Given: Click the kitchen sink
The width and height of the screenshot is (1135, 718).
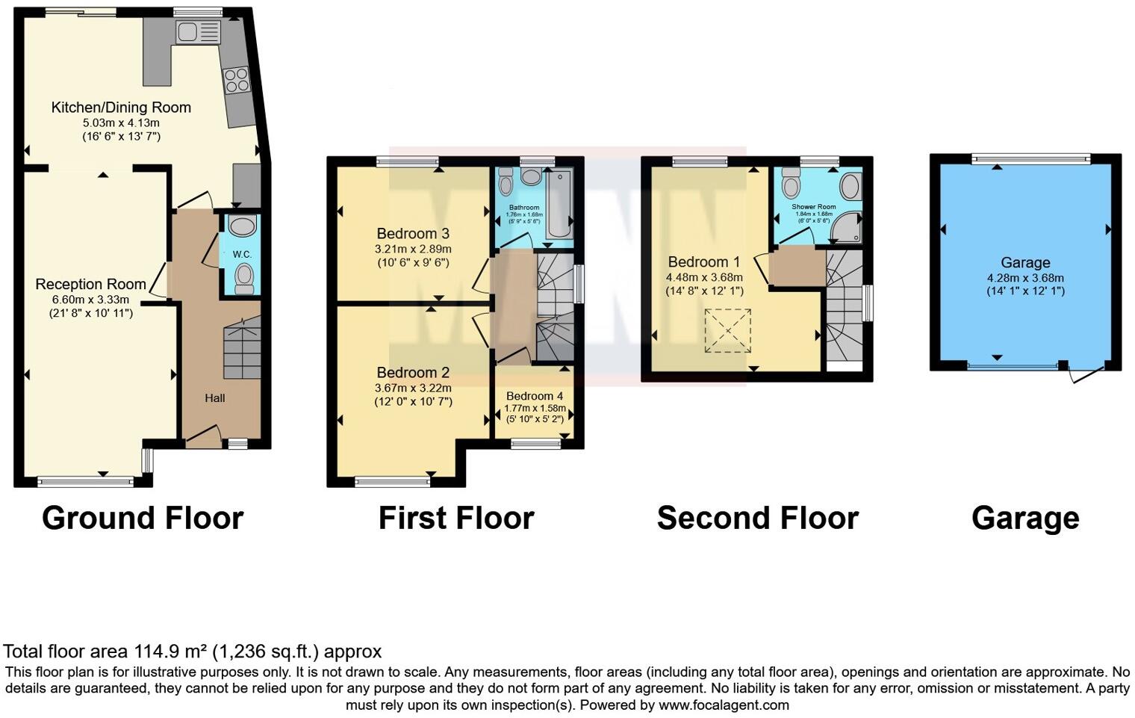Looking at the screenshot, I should click(x=198, y=32).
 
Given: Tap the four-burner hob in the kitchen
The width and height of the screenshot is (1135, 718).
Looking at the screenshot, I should click(x=237, y=80).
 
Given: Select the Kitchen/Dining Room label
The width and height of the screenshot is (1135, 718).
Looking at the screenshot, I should click(x=121, y=108).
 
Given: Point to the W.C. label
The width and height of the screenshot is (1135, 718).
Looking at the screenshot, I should click(x=242, y=254).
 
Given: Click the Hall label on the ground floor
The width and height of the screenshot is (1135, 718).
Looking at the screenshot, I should click(x=215, y=398).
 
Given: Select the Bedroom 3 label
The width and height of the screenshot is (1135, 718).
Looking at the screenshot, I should click(x=413, y=234).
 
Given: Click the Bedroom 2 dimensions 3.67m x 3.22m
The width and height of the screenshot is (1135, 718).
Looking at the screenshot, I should click(x=413, y=388).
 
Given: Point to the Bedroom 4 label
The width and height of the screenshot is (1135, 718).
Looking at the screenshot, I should click(x=535, y=396).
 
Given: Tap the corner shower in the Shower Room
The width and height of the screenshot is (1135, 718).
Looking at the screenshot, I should click(x=849, y=229).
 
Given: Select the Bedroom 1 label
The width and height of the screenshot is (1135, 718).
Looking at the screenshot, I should click(x=703, y=262).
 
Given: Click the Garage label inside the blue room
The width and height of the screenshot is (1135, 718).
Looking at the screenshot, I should click(x=1025, y=263).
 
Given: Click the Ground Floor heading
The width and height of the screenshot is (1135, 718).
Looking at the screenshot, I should click(x=143, y=518).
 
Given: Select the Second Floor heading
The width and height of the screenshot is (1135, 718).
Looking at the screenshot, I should click(x=757, y=518).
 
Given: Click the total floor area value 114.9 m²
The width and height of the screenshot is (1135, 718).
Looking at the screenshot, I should click(x=172, y=652).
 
